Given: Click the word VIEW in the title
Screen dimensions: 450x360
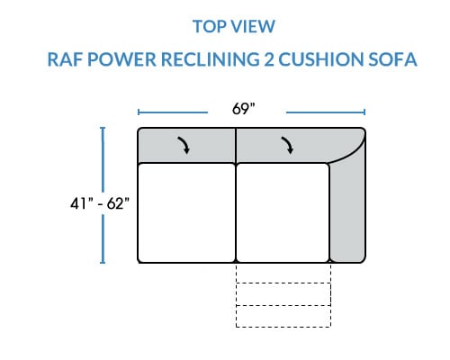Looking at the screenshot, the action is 253,26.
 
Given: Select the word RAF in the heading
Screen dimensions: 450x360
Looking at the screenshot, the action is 65,59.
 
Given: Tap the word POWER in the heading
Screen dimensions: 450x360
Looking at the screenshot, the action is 121,59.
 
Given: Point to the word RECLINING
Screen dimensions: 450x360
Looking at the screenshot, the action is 211,59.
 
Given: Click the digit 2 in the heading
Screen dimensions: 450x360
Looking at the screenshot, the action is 269,59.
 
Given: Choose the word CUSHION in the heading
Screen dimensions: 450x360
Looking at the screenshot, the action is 321,59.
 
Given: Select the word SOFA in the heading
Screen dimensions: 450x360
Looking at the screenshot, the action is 392,59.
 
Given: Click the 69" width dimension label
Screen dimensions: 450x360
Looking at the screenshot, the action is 243,109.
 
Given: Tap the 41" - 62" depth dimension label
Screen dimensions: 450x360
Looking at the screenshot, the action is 100,203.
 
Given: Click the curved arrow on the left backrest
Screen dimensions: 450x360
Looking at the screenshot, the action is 184,146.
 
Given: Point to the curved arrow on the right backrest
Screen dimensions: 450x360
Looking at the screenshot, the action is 287,146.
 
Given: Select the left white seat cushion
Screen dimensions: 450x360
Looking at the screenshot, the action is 186,212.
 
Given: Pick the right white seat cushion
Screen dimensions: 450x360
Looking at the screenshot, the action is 283,212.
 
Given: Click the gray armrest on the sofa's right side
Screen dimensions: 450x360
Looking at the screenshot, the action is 348,210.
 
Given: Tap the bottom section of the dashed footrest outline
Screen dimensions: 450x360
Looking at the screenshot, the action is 283,317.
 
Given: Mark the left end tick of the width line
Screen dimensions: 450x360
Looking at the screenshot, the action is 139,112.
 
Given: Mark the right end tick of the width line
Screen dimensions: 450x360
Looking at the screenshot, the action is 364,112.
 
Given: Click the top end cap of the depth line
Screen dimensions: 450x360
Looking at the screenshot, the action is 103,128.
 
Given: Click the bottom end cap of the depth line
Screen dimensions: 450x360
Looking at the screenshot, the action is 103,263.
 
